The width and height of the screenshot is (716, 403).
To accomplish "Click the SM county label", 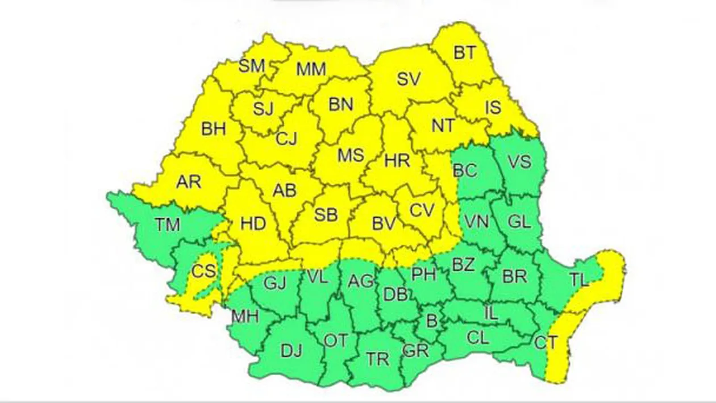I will [252, 67].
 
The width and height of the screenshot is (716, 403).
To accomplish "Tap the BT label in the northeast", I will [465, 53].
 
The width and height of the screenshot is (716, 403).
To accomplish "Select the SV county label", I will [409, 79].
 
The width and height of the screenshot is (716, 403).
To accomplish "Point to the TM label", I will [168, 225].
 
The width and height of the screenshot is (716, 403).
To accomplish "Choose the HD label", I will [253, 224].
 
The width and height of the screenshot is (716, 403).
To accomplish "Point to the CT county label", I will [547, 342].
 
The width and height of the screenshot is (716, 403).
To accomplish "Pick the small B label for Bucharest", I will [432, 322].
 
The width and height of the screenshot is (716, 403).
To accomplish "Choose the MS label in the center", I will [351, 155].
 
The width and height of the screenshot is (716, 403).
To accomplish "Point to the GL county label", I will [519, 222].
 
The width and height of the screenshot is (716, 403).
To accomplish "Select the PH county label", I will [423, 276].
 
